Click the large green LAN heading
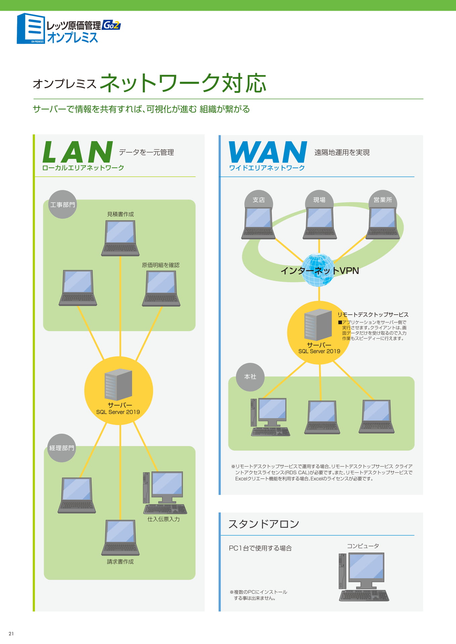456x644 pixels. tap(78, 152)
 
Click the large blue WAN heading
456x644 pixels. tap(268, 152)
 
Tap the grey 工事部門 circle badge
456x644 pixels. tap(62, 205)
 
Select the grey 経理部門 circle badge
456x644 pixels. tap(62, 448)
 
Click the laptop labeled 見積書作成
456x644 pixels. tap(120, 238)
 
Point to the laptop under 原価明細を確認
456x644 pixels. tap(161, 288)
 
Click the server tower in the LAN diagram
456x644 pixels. tap(118, 384)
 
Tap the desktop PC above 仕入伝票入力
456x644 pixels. tap(165, 492)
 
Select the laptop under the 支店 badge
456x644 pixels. tap(258, 223)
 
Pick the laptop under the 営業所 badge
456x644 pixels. tap(383, 223)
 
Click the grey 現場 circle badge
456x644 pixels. tap(319, 200)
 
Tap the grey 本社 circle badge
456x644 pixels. tap(250, 377)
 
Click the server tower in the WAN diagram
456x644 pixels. tap(318, 324)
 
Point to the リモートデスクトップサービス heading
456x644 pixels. tap(373, 315)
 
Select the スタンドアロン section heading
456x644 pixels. tap(264, 524)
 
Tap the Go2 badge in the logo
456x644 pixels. tap(111, 25)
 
